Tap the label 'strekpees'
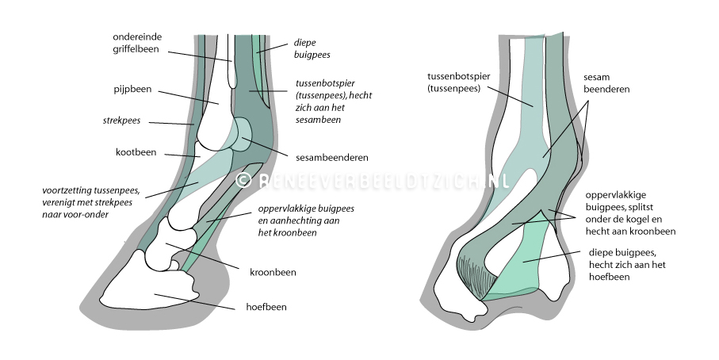121,122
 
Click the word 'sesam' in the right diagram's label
597,78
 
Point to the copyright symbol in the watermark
244,181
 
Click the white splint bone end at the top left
231,63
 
